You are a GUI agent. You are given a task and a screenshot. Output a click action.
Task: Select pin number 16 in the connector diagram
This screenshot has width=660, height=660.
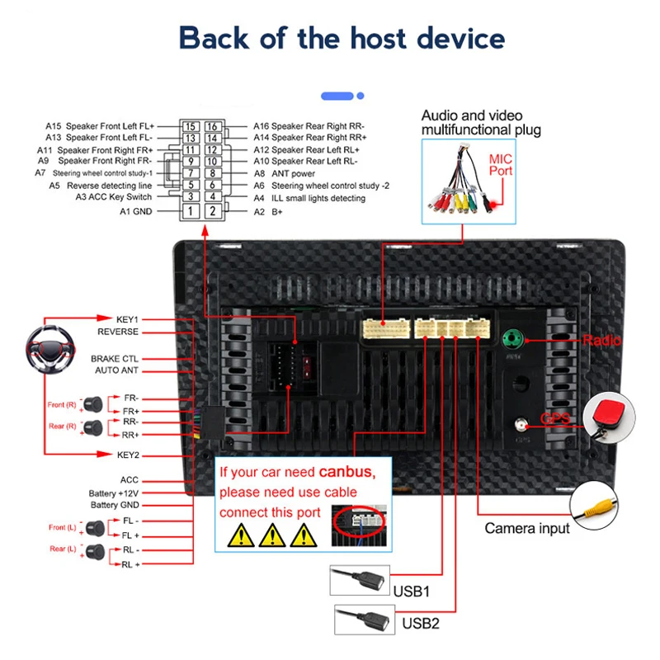pos(212,126)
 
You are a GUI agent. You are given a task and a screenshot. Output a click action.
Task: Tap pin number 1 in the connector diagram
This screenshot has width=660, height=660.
pos(190,212)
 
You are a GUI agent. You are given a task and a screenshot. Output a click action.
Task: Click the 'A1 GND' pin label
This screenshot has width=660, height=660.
pos(135,212)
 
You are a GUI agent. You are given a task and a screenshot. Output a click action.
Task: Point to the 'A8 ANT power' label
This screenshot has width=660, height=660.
pos(284,174)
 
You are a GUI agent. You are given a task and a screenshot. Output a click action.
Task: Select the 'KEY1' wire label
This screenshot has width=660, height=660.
pos(128,318)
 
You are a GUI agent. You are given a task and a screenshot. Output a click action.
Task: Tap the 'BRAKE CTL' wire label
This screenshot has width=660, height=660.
pos(115,359)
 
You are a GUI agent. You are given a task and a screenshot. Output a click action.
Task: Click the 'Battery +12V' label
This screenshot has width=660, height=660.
pos(114,493)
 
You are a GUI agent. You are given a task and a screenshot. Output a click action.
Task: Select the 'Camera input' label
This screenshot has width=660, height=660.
pos(526,528)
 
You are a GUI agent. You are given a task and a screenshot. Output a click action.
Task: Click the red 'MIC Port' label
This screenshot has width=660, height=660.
pos(501,164)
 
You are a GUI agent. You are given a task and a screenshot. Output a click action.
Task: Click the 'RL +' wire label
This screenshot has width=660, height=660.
pos(131,564)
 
